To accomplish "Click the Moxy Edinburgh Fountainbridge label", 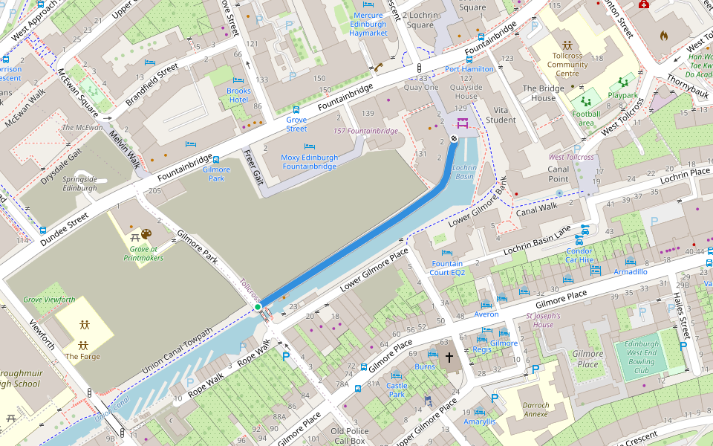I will pos(310,162).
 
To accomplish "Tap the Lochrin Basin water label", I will pos(464,172).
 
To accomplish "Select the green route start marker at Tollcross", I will pos(258,306).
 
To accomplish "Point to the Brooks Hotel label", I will pos(238,95).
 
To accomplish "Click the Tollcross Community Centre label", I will pos(567,65).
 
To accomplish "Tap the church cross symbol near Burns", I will pos(449,358).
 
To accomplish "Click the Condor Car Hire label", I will pos(579,255).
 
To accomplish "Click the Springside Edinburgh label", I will pos(80,184).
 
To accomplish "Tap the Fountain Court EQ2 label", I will pos(447,268).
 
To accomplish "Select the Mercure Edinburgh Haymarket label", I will pos(368,24).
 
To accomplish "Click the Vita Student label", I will pos(500,115).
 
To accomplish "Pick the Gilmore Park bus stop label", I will pos(216,174).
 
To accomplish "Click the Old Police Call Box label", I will pos(348,436).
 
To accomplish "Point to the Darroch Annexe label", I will pos(536,410).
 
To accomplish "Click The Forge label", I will pos(82,357).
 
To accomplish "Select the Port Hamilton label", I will pos(469,69).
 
